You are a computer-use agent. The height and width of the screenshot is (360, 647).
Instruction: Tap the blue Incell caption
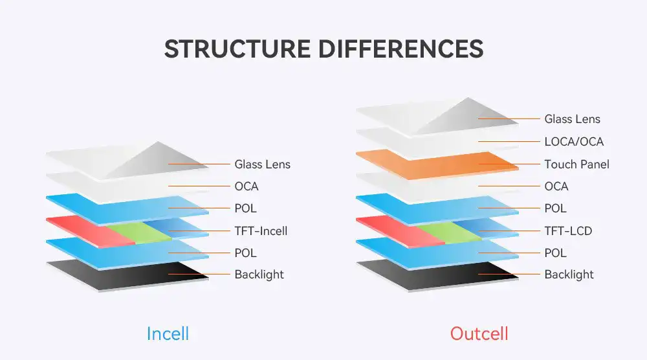coord(168,333)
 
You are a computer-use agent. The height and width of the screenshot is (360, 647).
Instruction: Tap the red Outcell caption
coord(479,333)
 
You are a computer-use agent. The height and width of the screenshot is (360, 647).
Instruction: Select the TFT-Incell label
coord(261,231)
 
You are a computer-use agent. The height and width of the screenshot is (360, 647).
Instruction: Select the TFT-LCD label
coord(568,231)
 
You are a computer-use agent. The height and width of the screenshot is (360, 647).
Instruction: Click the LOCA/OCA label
coord(574,142)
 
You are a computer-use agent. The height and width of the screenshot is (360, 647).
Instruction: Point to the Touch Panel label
coord(576,164)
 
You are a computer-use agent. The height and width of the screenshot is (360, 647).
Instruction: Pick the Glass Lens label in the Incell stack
coord(262,164)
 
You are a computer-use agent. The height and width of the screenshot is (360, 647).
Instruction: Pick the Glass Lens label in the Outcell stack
coord(572,119)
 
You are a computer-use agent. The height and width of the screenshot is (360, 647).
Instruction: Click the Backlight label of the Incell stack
coord(259,275)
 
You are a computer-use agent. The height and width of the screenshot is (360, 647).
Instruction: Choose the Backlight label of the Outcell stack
coord(569,275)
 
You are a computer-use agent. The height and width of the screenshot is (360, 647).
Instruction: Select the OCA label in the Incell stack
coord(246,186)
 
